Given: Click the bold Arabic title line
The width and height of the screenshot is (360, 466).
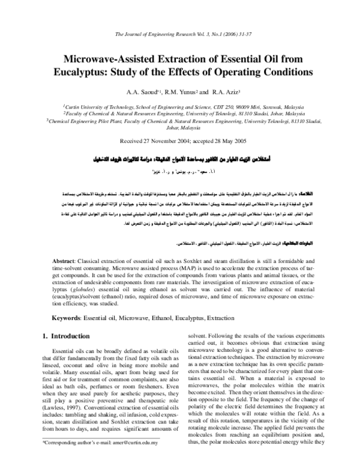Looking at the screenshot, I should pos(180,162).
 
